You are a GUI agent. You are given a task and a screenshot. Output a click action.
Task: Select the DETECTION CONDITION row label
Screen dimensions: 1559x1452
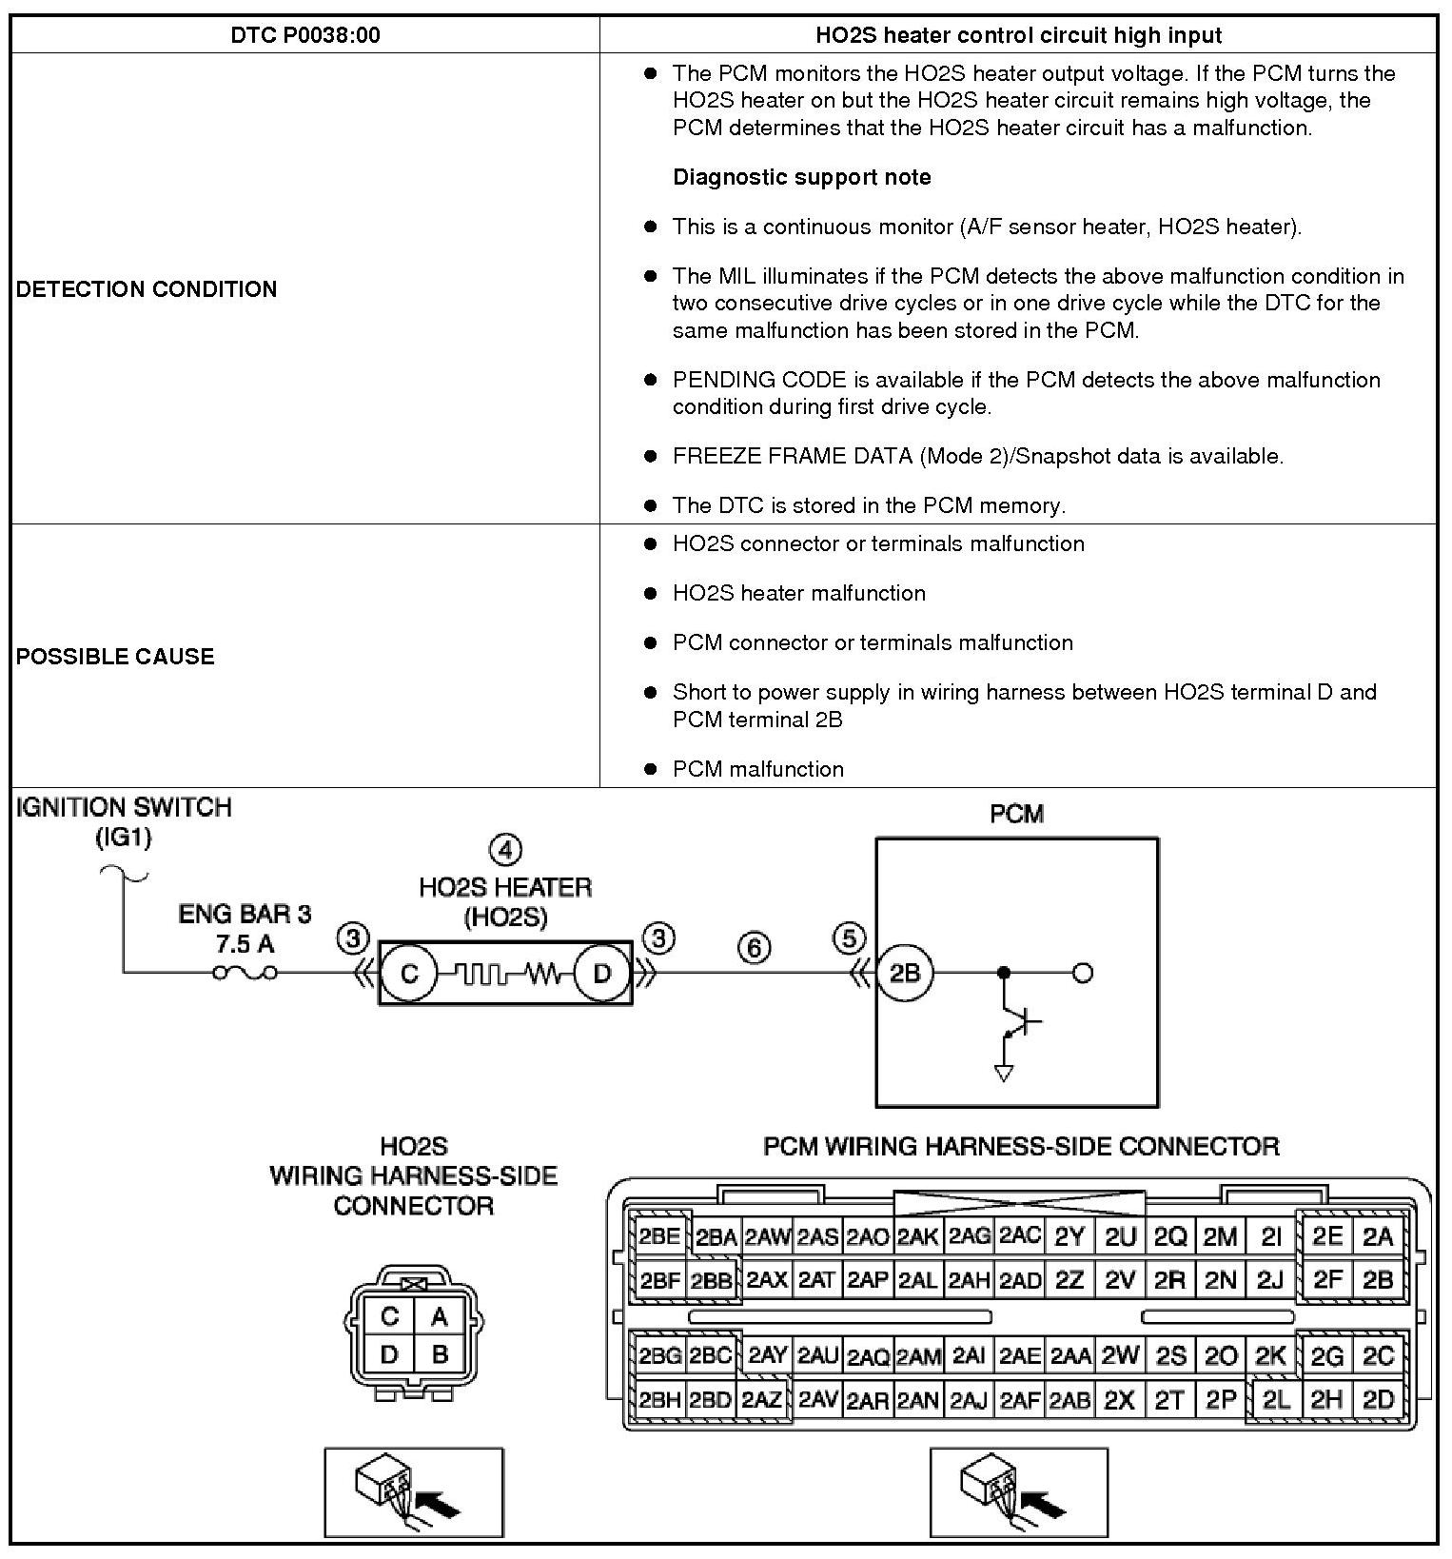pos(147,289)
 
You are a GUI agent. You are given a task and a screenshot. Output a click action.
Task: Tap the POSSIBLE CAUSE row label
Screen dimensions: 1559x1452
pos(115,657)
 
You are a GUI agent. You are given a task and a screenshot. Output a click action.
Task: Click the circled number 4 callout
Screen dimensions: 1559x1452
pos(505,850)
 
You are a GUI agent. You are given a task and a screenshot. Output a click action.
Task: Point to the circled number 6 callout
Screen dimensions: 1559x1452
pos(754,948)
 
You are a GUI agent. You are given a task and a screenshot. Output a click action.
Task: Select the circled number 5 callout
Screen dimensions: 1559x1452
pos(849,938)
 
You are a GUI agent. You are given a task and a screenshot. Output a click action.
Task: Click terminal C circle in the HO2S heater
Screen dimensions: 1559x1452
pos(409,974)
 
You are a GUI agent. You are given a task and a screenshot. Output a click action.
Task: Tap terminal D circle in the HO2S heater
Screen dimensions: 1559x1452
pos(602,974)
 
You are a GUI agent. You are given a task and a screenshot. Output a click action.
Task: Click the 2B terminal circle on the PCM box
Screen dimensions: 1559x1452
pos(904,974)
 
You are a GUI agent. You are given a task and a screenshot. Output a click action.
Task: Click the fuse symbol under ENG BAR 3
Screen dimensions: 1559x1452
pos(245,973)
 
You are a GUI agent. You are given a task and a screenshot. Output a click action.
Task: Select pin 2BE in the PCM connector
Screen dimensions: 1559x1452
pos(658,1237)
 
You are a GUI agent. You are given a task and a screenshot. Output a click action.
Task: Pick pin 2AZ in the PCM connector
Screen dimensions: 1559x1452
pos(762,1399)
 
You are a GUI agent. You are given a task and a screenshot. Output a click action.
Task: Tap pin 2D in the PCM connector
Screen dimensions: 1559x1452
pos(1378,1399)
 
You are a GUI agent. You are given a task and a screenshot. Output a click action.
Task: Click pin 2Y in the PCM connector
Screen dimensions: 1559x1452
pos(1069,1237)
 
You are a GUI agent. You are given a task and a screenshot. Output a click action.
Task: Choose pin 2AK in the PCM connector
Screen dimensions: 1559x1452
pos(918,1237)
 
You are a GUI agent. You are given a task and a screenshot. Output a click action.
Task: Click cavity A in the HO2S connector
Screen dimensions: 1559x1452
pos(439,1316)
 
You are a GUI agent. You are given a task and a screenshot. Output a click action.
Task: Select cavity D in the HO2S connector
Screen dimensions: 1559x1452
pos(389,1354)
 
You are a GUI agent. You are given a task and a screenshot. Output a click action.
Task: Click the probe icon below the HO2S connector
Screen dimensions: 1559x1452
pos(414,1491)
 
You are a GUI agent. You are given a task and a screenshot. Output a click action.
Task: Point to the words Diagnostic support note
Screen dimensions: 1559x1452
pos(801,177)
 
